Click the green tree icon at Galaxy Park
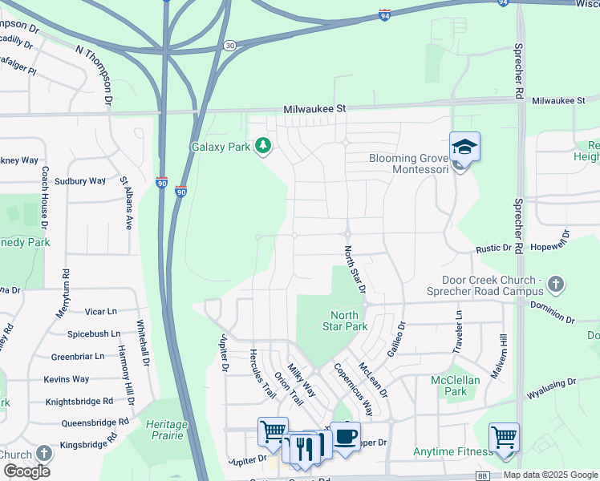coord(262,145)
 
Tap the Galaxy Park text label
coord(221,146)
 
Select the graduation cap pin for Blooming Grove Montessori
coord(464,148)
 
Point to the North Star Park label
coord(345,321)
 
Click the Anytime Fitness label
coord(452,452)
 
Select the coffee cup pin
coord(346,437)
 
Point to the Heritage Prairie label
coord(166,429)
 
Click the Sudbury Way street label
coord(75,181)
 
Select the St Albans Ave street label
coord(126,201)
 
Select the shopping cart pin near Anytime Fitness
coord(504,439)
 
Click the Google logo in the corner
coord(26,471)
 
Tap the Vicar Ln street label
coord(100,311)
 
